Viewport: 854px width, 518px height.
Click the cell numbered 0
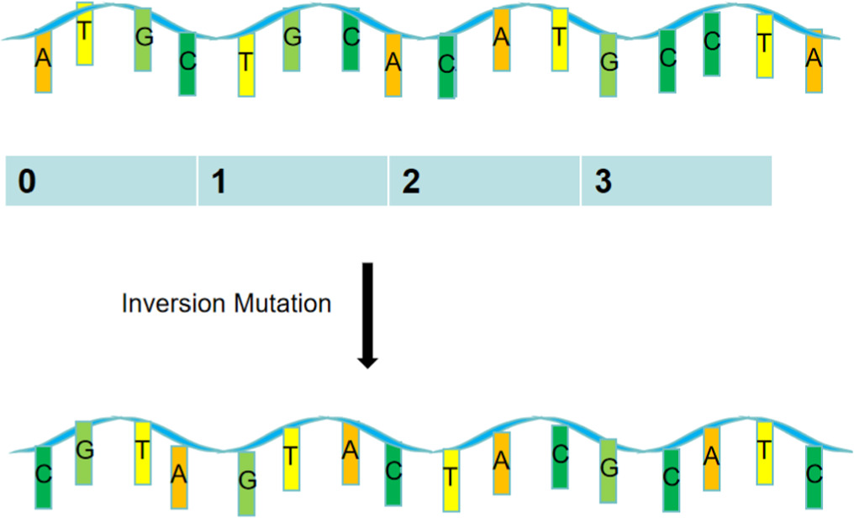(101, 181)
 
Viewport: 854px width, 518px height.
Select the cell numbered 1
(293, 181)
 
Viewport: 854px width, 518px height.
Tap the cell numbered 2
(484, 181)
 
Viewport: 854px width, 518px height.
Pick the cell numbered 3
(676, 181)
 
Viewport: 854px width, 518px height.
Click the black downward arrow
(368, 314)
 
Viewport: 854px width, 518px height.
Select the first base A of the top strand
(43, 61)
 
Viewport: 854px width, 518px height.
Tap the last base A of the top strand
(813, 61)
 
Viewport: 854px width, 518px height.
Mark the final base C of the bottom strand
(813, 475)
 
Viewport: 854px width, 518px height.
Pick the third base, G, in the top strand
(144, 39)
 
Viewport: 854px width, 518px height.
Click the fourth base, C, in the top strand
(187, 63)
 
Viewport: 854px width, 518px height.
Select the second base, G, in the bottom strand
(85, 452)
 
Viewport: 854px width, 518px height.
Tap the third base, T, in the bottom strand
(143, 452)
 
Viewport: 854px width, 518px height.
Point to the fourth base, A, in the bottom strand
(178, 475)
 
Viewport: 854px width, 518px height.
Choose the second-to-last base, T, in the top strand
(764, 45)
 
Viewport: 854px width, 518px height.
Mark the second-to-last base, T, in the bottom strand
(764, 452)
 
